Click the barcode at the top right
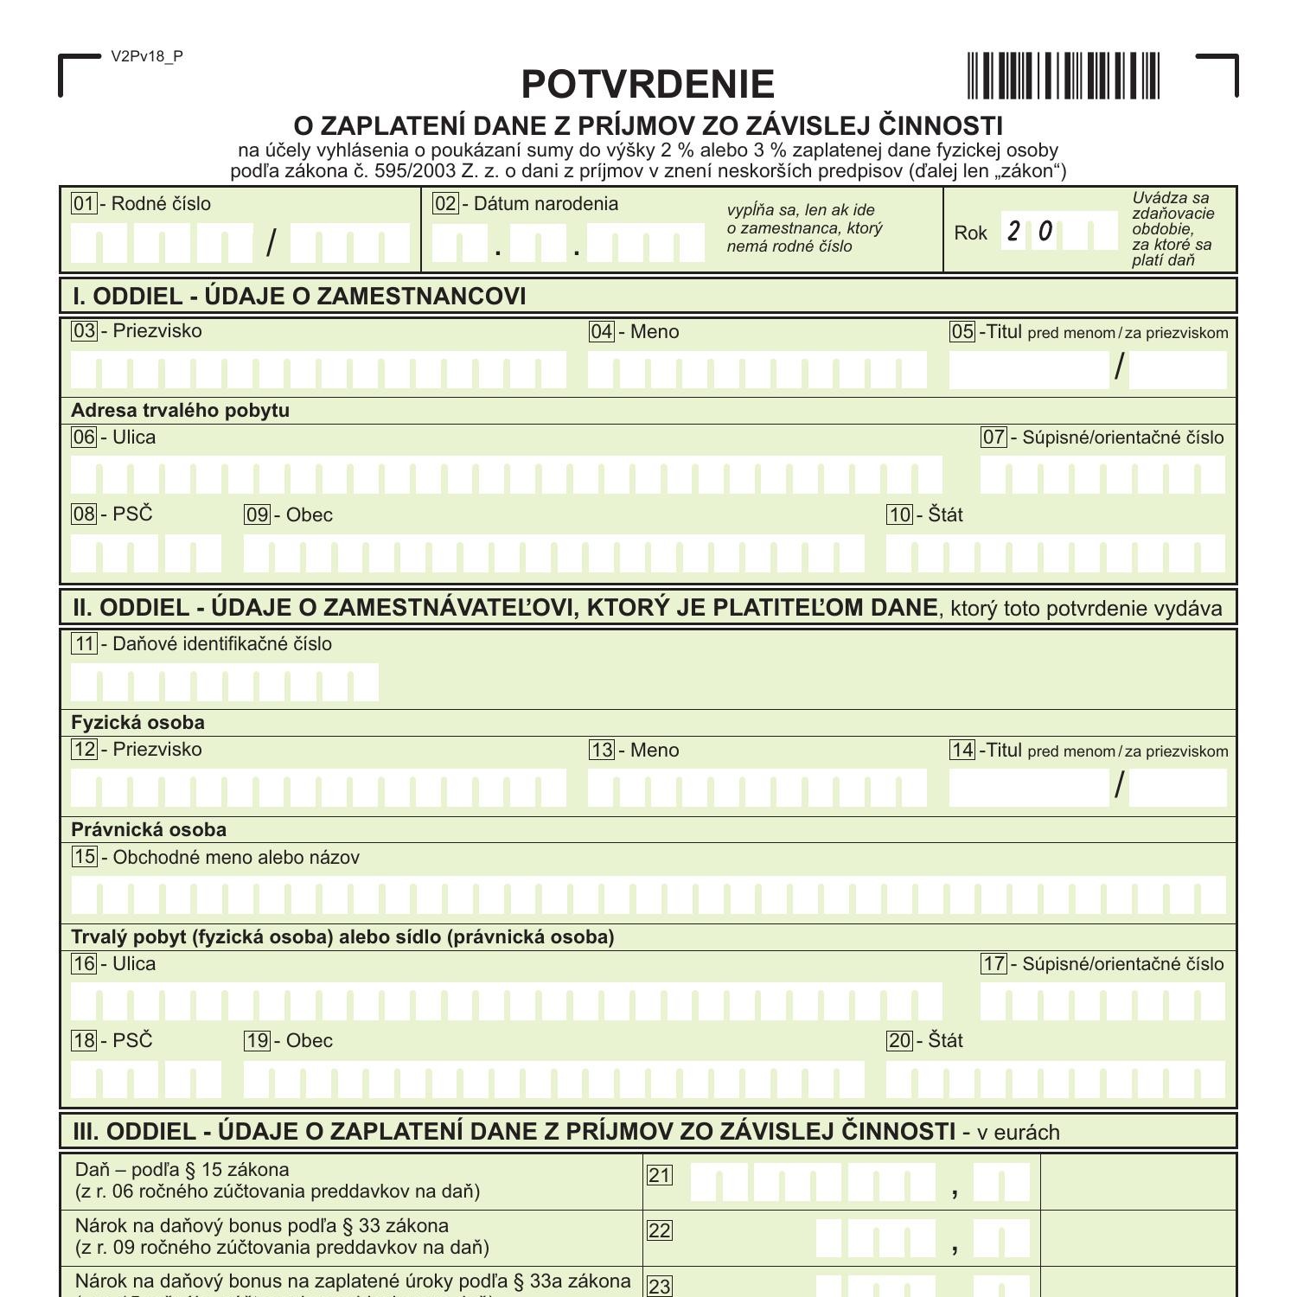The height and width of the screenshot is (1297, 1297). (x=1063, y=76)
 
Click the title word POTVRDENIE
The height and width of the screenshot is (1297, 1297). (x=648, y=85)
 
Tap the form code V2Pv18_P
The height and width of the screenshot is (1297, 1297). (x=147, y=57)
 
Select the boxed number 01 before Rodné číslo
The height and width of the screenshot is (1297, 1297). (x=84, y=204)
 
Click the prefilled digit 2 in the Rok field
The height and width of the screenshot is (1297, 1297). (x=1013, y=232)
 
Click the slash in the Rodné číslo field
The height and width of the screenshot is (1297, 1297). (x=272, y=243)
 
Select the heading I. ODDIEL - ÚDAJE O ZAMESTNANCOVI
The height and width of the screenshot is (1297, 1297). (x=299, y=297)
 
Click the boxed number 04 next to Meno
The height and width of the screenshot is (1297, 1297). (x=601, y=332)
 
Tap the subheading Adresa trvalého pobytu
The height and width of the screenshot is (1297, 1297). (x=180, y=410)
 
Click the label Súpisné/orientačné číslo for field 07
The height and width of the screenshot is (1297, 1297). (x=1122, y=438)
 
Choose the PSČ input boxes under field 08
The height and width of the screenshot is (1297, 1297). (x=145, y=553)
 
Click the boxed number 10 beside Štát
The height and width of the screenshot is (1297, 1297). (x=899, y=515)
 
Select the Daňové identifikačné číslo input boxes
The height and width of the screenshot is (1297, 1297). (x=225, y=683)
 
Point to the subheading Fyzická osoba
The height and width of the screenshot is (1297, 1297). (x=137, y=722)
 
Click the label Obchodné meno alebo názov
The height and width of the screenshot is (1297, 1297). (x=235, y=858)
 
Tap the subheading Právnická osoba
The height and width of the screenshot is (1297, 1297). (x=149, y=829)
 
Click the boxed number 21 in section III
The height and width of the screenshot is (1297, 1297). (x=660, y=1175)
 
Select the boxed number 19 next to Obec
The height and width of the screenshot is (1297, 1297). (x=258, y=1041)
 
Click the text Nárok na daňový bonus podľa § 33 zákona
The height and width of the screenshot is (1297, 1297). (x=262, y=1226)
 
